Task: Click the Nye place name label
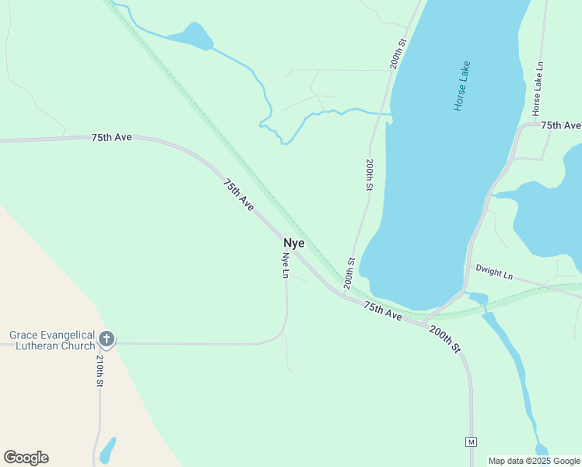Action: (x=293, y=243)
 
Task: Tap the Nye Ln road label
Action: (x=286, y=265)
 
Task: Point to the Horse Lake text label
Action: (x=462, y=86)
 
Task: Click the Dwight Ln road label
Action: (x=494, y=272)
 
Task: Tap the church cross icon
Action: (x=107, y=339)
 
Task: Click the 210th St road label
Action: (x=100, y=371)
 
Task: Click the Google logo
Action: (x=26, y=458)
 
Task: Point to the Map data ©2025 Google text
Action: (x=535, y=461)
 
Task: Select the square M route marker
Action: (x=471, y=442)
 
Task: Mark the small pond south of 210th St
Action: (x=107, y=449)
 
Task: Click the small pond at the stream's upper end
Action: (x=191, y=36)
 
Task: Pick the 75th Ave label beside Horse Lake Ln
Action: (x=561, y=125)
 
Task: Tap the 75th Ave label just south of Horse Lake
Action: (x=383, y=311)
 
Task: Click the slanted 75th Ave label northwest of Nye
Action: (x=239, y=195)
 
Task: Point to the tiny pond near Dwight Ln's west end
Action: (x=478, y=298)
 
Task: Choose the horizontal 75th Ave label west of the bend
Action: (x=112, y=137)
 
